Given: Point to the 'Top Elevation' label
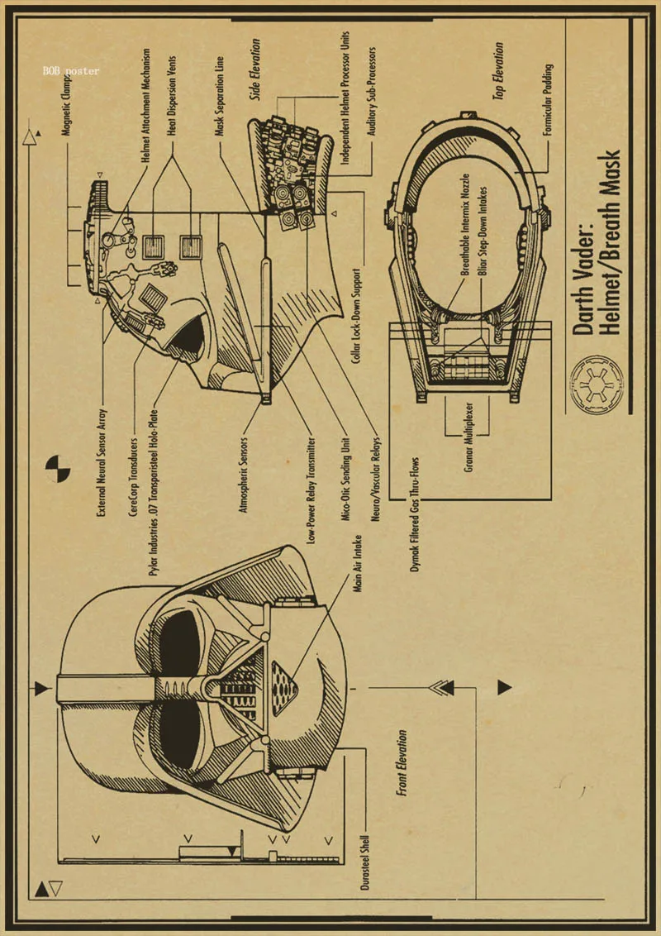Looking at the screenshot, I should point(498,72).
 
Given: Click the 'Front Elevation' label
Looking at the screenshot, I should point(402,762).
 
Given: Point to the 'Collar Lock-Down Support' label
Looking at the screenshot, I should point(355,318).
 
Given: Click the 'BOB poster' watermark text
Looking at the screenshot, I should point(71,71).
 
